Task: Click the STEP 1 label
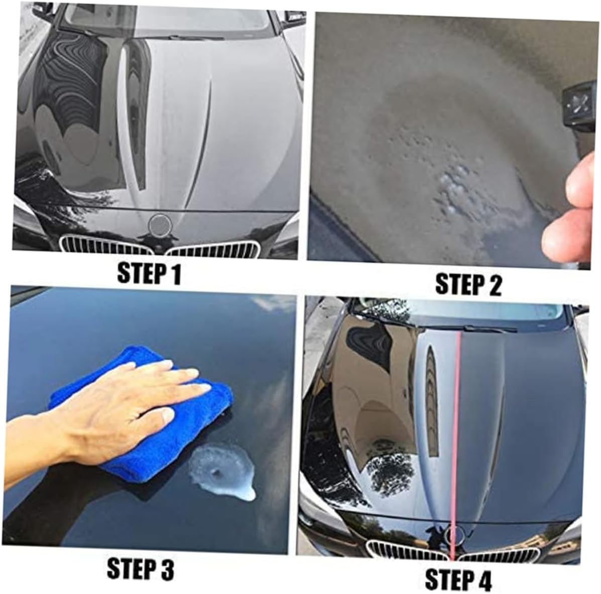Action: point(149,273)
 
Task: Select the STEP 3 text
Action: point(140,569)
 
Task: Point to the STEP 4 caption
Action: point(458,579)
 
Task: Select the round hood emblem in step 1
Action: point(159,225)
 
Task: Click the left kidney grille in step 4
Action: point(407,551)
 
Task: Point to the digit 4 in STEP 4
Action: point(484,579)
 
